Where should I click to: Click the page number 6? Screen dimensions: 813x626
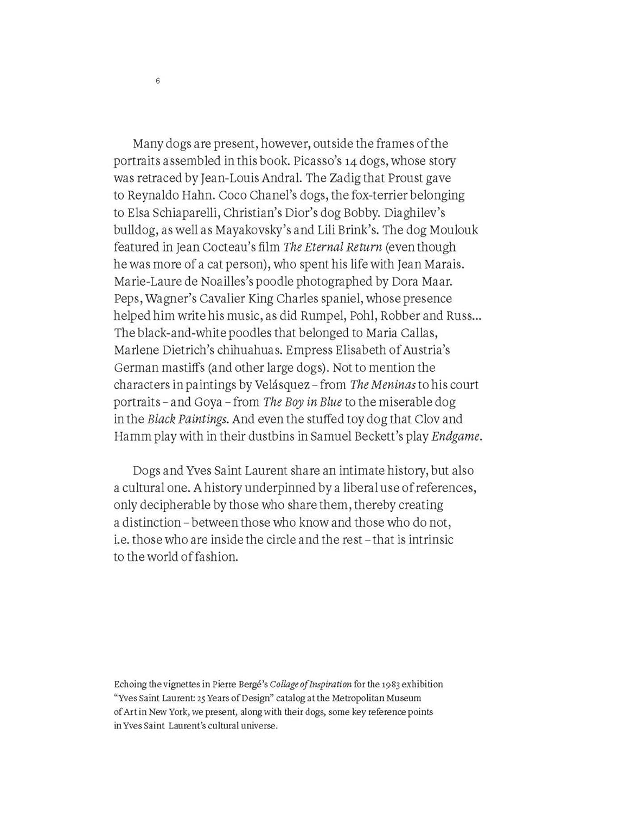(x=157, y=81)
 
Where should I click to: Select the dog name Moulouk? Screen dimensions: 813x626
(x=453, y=230)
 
